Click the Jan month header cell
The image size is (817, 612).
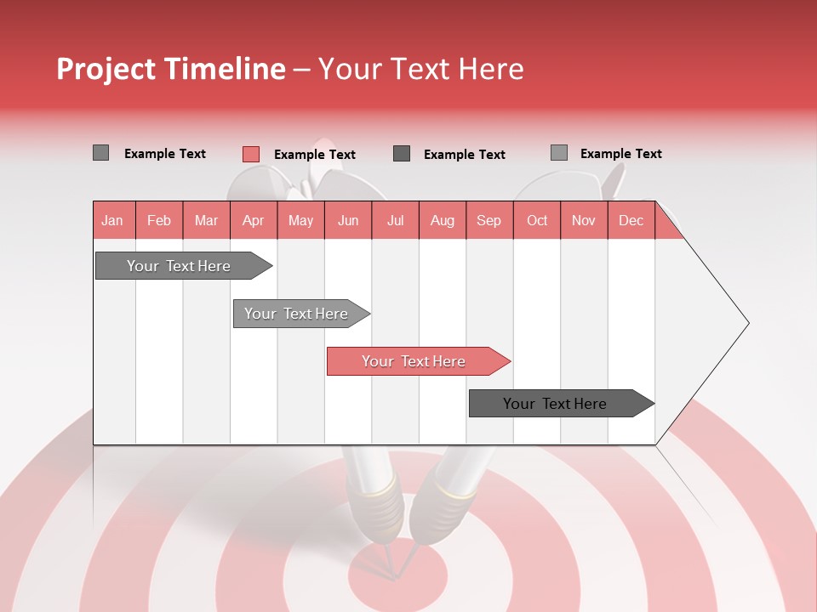click(x=113, y=221)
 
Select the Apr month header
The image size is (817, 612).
click(x=254, y=221)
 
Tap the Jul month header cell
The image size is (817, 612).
click(x=395, y=221)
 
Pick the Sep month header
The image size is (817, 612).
click(x=488, y=221)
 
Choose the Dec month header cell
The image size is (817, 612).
click(x=631, y=221)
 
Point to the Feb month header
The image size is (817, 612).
click(x=159, y=221)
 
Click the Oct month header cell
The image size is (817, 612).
click(x=537, y=221)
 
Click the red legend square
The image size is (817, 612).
click(x=251, y=154)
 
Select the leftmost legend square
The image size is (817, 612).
click(x=100, y=153)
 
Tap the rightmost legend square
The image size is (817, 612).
click(x=559, y=153)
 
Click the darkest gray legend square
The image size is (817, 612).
click(x=402, y=154)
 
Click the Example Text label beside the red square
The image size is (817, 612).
click(x=314, y=155)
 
